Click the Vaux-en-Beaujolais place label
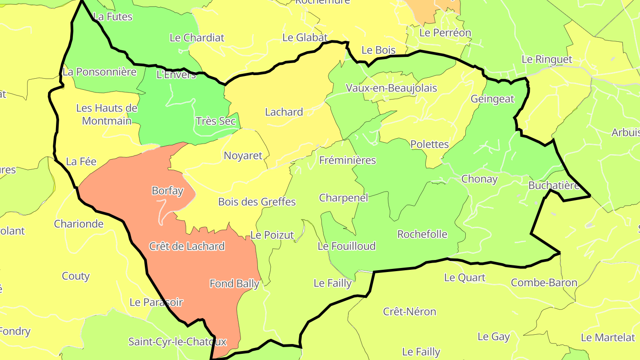pyautogui.click(x=391, y=88)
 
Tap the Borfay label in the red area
pyautogui.click(x=168, y=191)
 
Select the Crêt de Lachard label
pyautogui.click(x=187, y=246)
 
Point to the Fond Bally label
pyautogui.click(x=234, y=284)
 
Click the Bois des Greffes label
pyautogui.click(x=257, y=202)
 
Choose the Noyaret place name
pyautogui.click(x=243, y=156)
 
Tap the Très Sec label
pyautogui.click(x=216, y=121)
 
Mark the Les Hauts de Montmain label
pyautogui.click(x=107, y=114)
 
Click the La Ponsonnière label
pyautogui.click(x=100, y=72)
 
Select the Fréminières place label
pyautogui.click(x=348, y=160)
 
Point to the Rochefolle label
pyautogui.click(x=422, y=234)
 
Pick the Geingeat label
pyautogui.click(x=492, y=99)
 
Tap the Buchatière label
pyautogui.click(x=553, y=185)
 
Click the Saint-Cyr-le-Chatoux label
pyautogui.click(x=177, y=342)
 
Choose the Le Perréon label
pyautogui.click(x=445, y=32)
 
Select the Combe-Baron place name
pyautogui.click(x=544, y=283)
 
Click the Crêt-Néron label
pyautogui.click(x=409, y=312)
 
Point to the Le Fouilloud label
pyautogui.click(x=347, y=246)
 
